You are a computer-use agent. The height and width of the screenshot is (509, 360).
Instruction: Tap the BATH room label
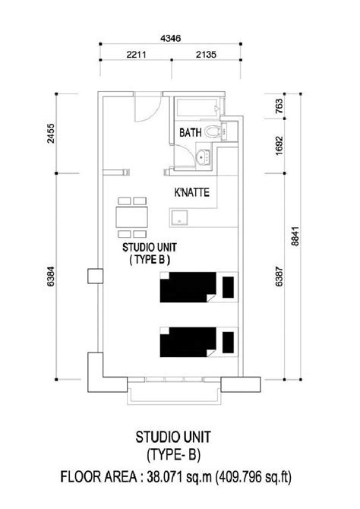coord(191,133)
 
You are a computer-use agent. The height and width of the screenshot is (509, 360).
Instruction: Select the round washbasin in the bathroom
coord(201,158)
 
